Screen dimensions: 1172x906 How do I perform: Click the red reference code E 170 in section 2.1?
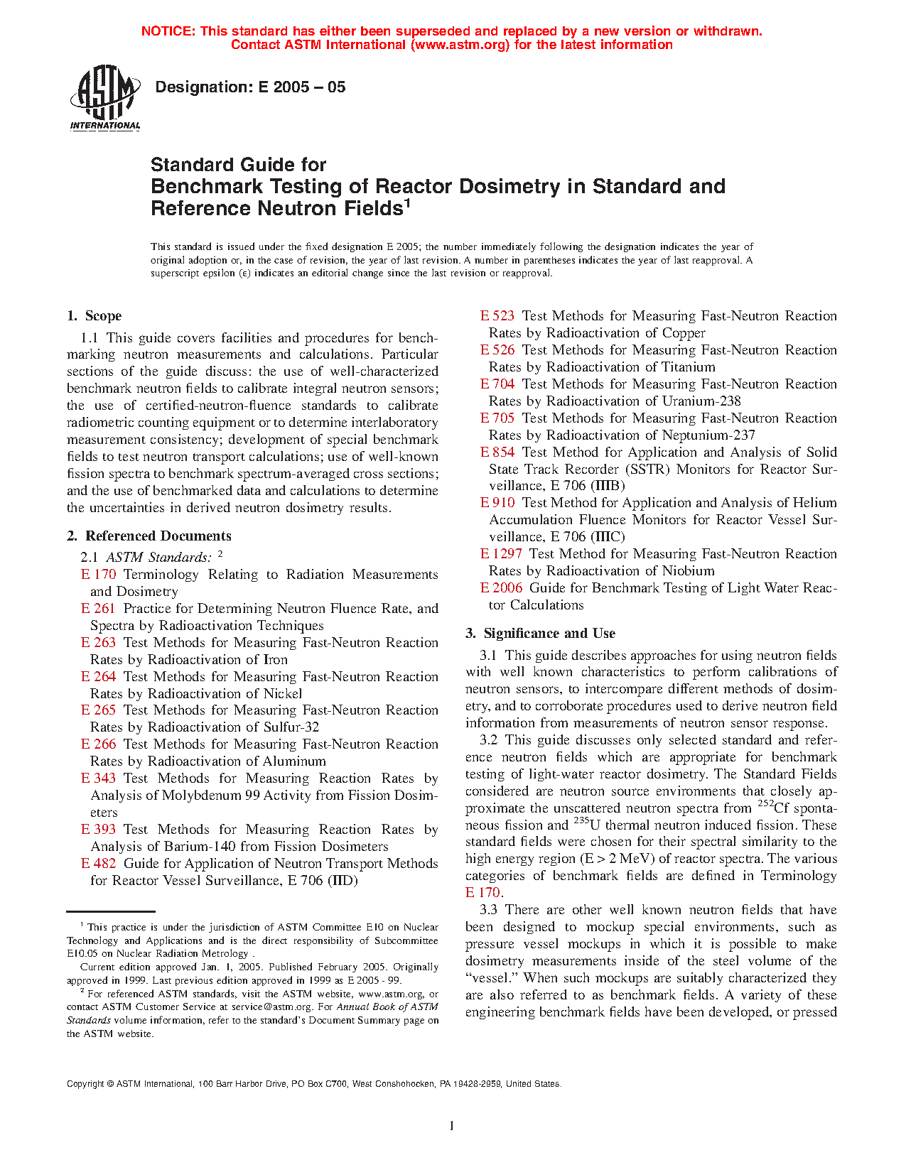tap(98, 575)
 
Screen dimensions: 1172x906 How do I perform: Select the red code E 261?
tap(98, 609)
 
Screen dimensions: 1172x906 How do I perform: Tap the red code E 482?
tap(98, 864)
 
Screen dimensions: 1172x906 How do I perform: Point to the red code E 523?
tap(497, 316)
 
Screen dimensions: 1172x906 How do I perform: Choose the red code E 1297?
tap(501, 554)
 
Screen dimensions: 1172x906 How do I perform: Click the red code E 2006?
tap(501, 588)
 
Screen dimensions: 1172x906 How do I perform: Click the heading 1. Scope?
tap(95, 316)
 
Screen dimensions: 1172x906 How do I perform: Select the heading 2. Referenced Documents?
tap(149, 536)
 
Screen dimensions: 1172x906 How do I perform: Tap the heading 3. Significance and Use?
tap(541, 634)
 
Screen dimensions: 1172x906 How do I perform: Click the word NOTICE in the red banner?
tap(168, 31)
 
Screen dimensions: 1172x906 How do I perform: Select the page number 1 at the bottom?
tap(452, 1125)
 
